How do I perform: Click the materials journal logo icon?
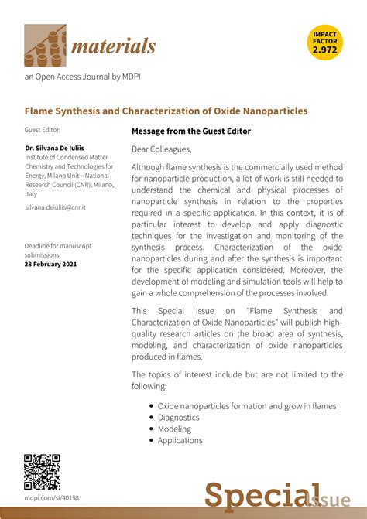(45, 45)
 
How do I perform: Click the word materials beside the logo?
(114, 46)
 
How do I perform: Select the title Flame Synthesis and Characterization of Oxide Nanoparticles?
(166, 111)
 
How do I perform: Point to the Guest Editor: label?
(42, 130)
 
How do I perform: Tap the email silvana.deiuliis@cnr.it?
(55, 208)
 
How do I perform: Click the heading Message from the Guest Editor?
(191, 131)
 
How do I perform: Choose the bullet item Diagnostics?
(178, 417)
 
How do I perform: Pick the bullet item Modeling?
(174, 429)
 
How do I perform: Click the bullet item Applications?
(180, 440)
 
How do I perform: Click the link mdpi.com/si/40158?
(51, 498)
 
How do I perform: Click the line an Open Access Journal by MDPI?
(82, 77)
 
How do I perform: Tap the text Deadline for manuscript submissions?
(57, 250)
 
